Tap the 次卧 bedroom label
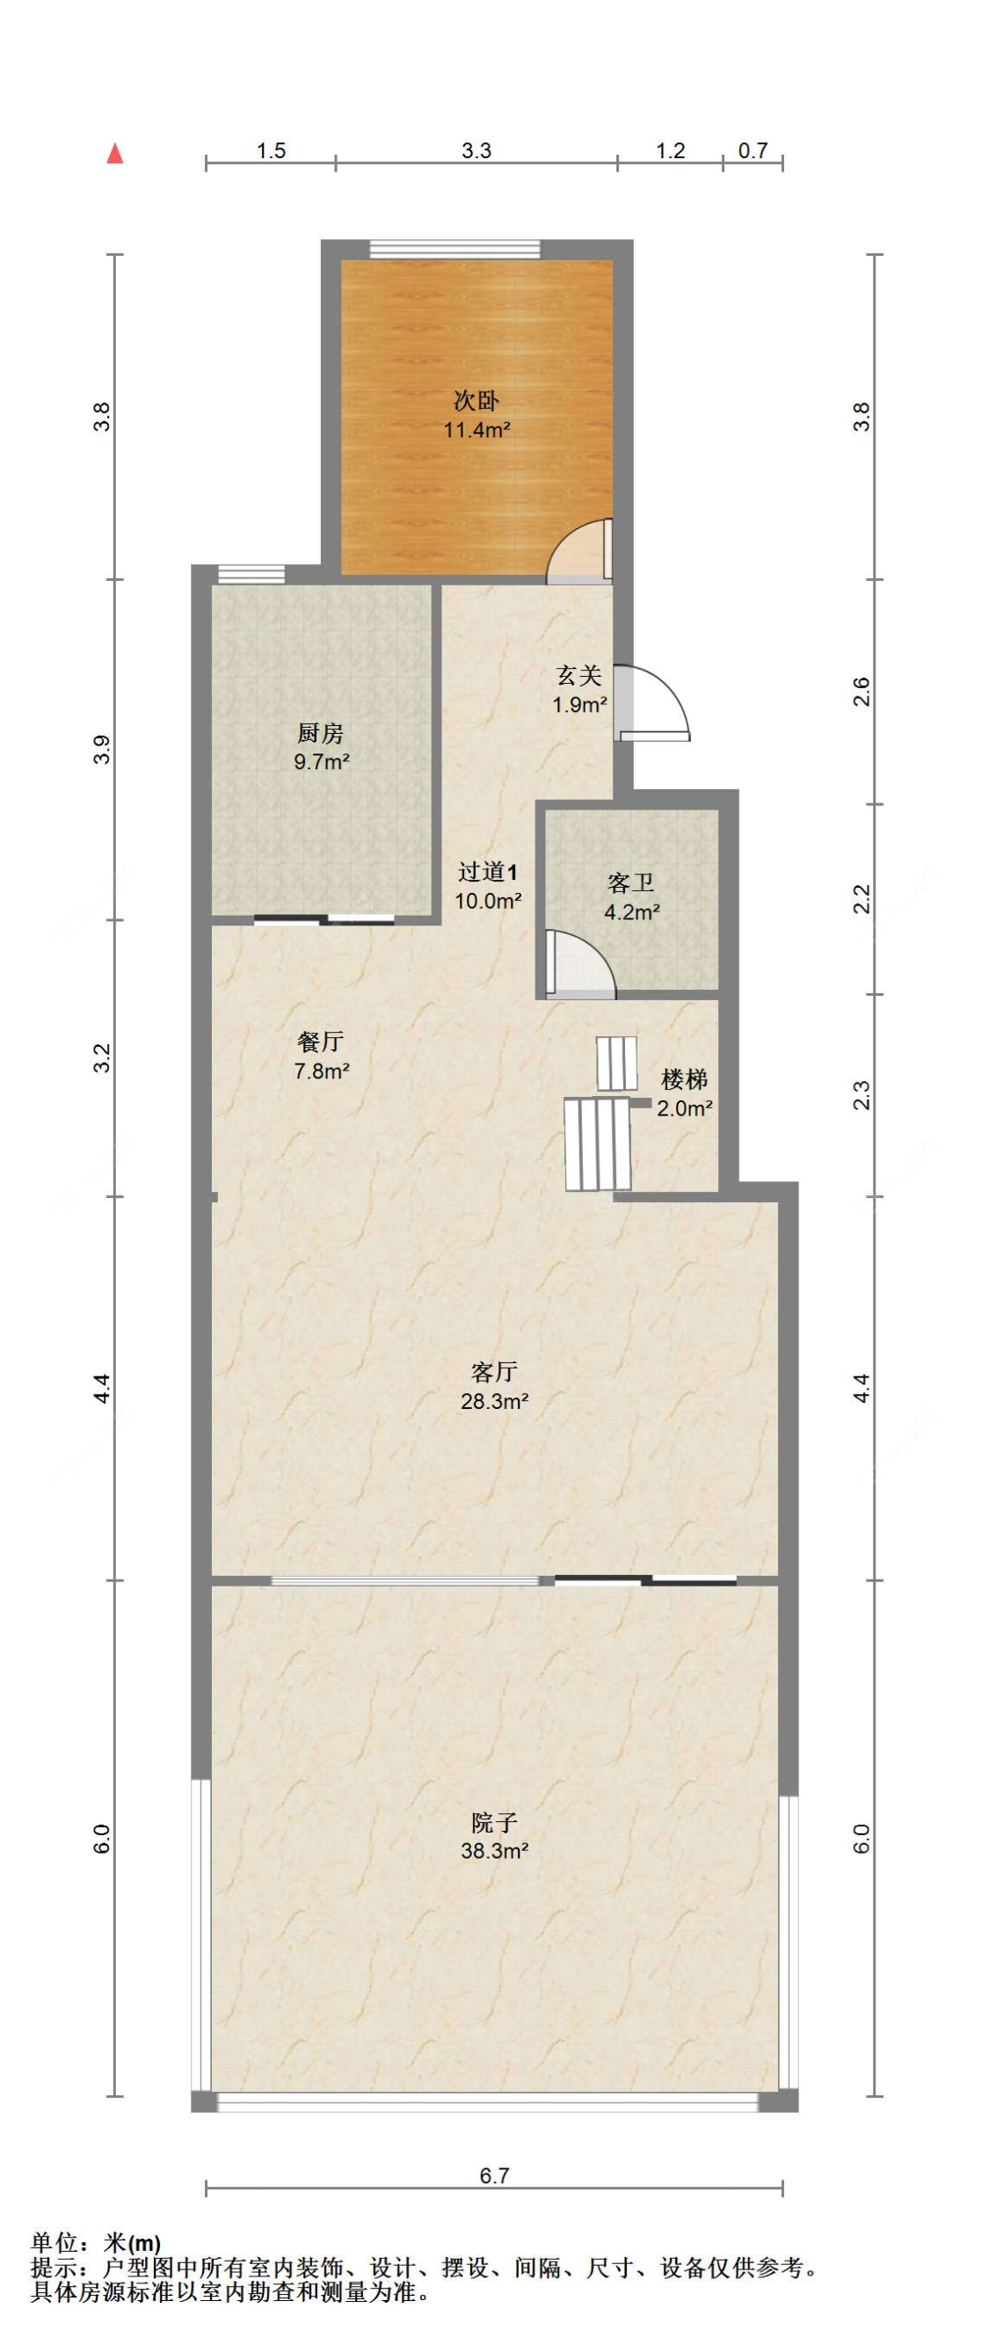point(476,401)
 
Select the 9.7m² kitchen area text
point(322,761)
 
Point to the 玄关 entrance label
point(579,677)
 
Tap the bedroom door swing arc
point(579,552)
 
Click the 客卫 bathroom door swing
point(580,963)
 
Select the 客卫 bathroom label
point(631,883)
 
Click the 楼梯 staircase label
point(684,1079)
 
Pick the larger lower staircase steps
point(597,1144)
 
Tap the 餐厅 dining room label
point(321,1042)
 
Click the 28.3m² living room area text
point(495,1401)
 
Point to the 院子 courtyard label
point(495,1824)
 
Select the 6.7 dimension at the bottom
point(494,2176)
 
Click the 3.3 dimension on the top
point(476,150)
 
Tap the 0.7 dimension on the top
point(753,150)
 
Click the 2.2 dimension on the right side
point(862,899)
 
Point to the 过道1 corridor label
point(489,872)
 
